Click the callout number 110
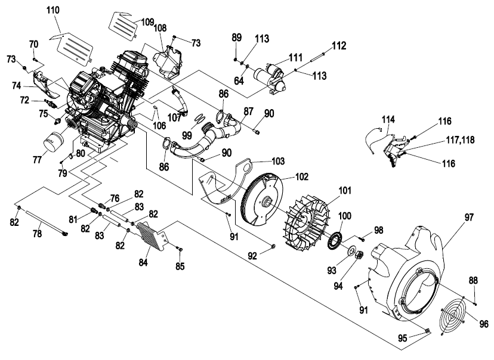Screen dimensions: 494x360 click(x=53, y=10)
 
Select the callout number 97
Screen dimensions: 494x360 click(x=469, y=217)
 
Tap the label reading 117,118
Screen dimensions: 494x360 click(x=460, y=139)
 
